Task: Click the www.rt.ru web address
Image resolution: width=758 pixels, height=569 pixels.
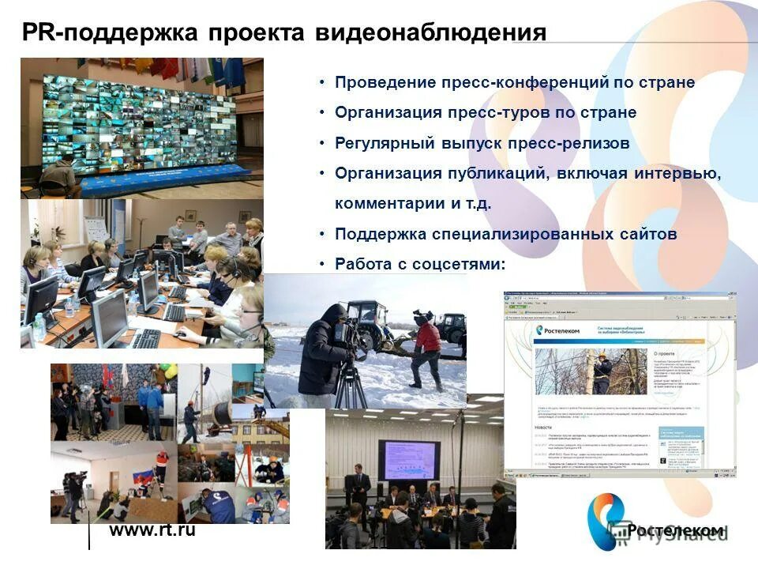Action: pos(152,529)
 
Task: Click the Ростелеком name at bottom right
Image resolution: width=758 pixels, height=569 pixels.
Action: pos(676,530)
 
